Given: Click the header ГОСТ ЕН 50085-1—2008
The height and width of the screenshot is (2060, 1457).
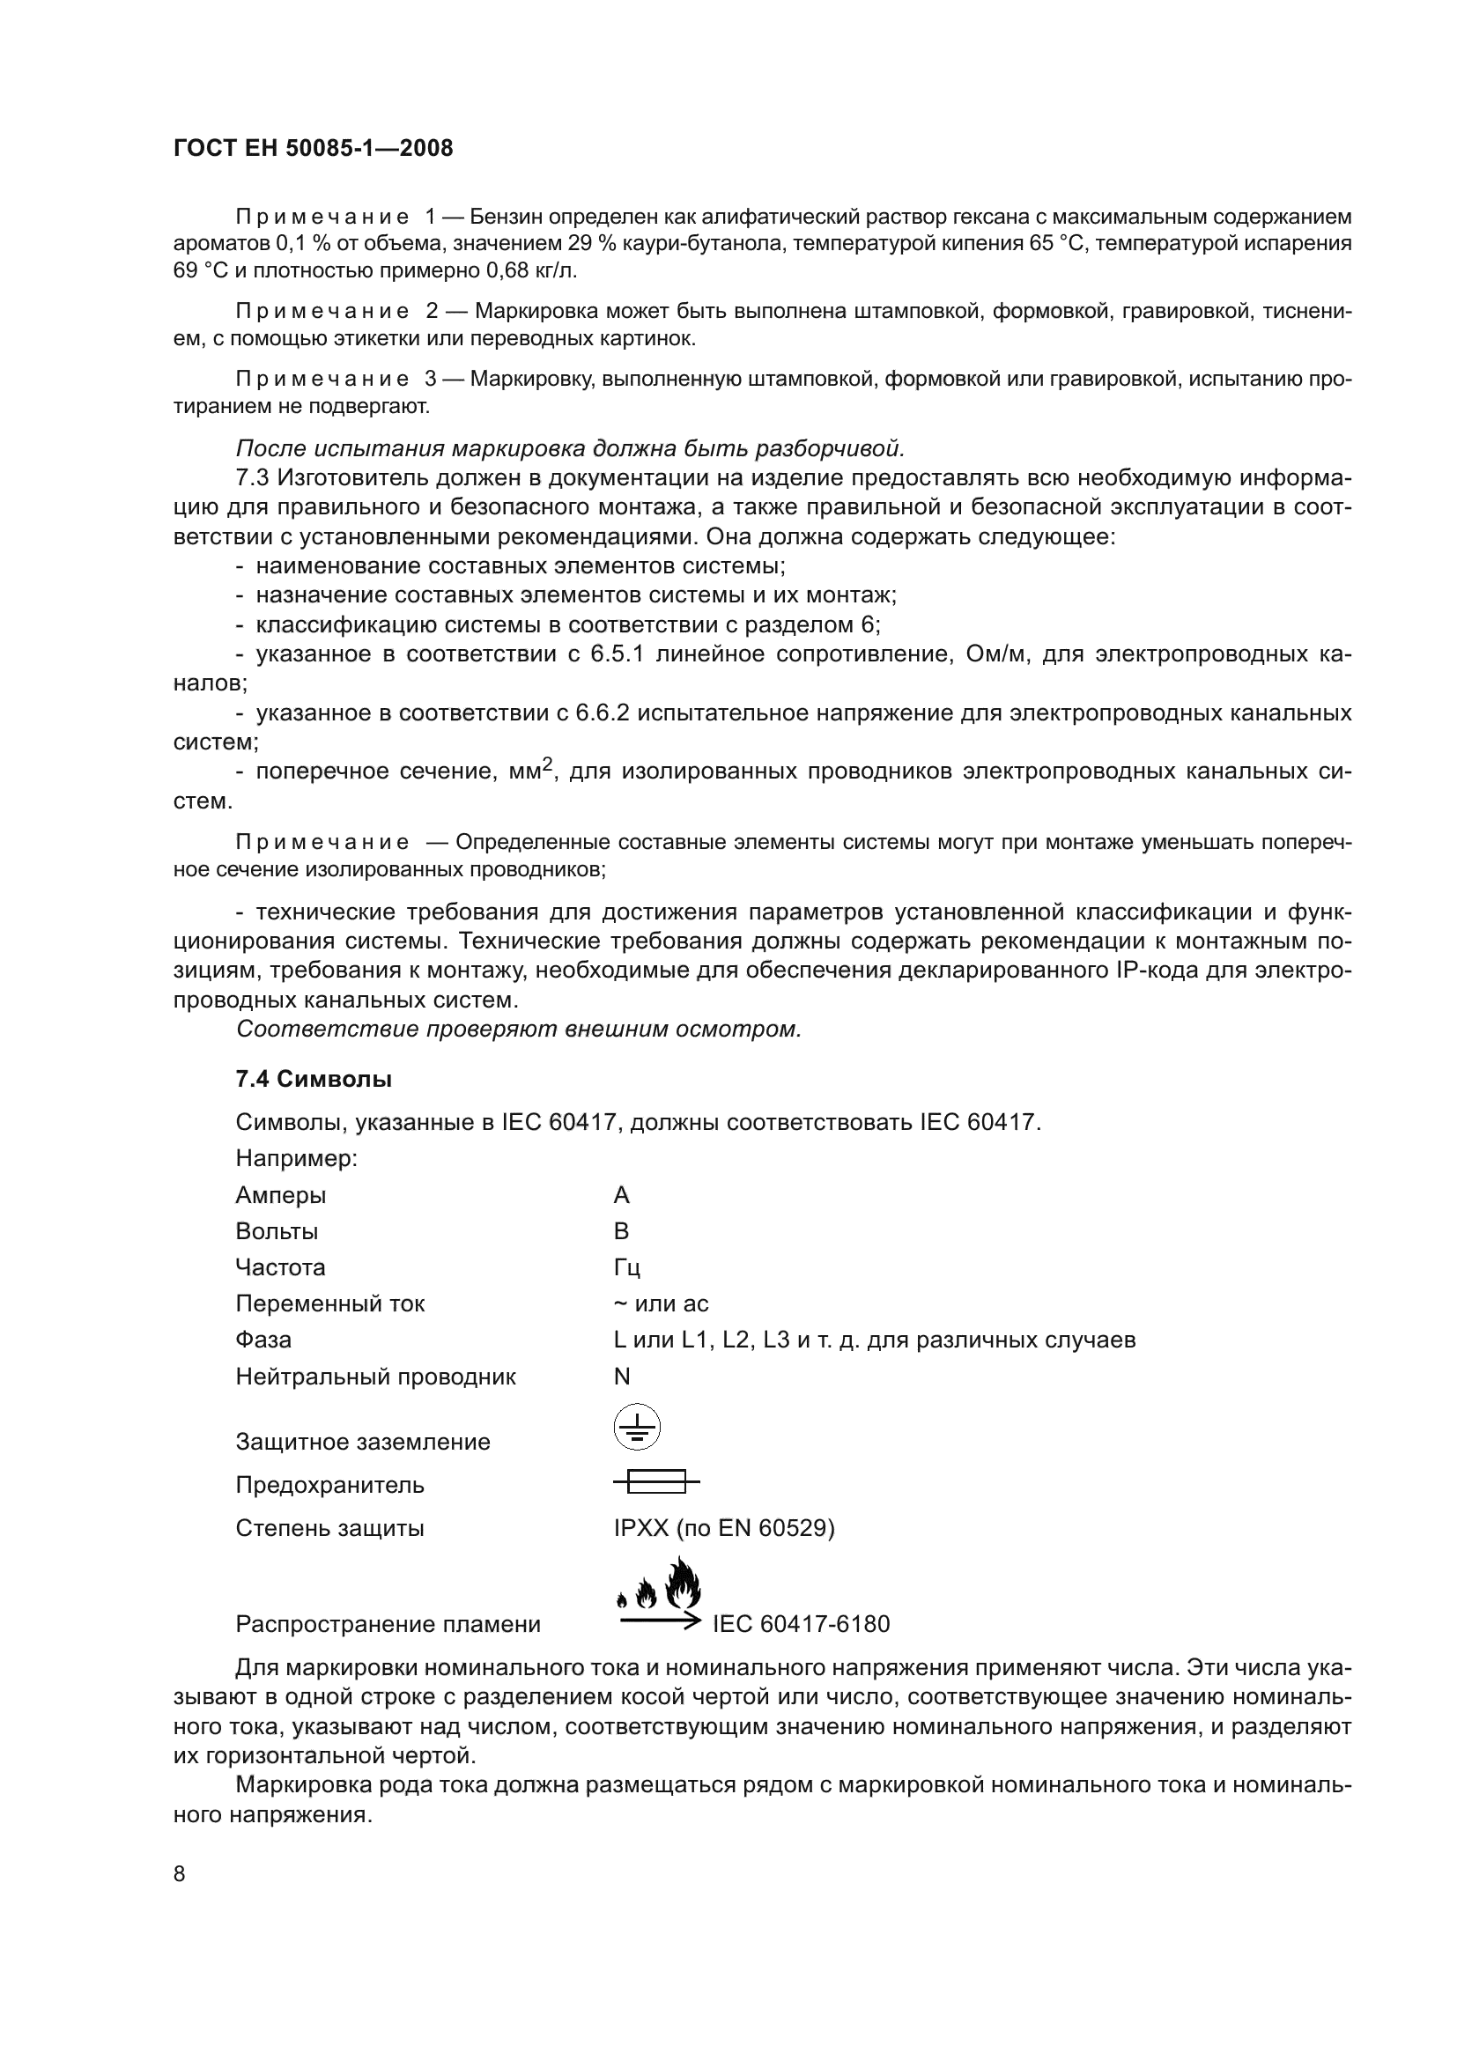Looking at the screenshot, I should (x=313, y=149).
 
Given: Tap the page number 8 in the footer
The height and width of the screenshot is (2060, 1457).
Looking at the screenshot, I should (x=180, y=1873).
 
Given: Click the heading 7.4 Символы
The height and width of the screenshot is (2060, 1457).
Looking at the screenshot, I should (x=313, y=1080).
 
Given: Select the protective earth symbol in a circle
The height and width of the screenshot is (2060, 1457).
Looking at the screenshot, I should (x=636, y=1427).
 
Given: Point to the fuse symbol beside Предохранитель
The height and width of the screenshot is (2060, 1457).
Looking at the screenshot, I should (x=656, y=1481).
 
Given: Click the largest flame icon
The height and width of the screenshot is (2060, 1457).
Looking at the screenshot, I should (x=683, y=1584).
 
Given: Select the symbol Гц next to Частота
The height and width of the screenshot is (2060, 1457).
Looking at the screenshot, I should (x=626, y=1267).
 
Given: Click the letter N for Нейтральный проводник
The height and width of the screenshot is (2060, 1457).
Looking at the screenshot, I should (x=622, y=1377).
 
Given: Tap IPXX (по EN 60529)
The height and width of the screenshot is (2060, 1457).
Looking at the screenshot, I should (x=724, y=1528).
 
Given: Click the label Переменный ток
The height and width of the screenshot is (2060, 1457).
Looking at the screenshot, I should (x=330, y=1303).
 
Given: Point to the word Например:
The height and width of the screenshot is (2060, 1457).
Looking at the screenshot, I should (x=296, y=1158).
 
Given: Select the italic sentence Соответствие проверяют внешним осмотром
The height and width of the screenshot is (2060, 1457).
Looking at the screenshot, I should (x=519, y=1029).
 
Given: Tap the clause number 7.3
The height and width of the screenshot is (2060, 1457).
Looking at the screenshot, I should (x=254, y=477).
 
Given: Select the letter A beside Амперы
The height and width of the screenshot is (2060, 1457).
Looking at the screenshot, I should (x=622, y=1195).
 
